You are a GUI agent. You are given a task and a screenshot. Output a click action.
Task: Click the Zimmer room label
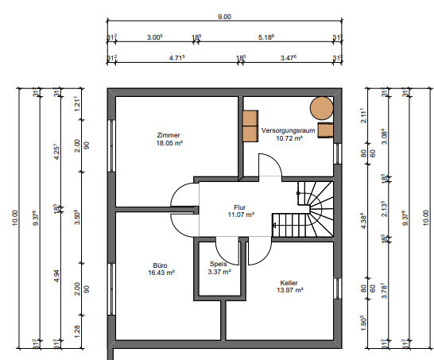point(169,135)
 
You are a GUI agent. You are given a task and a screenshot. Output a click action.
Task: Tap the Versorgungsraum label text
point(288,130)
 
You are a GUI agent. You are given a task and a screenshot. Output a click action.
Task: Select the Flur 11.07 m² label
point(241,211)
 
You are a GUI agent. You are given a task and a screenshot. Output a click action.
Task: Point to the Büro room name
point(160,265)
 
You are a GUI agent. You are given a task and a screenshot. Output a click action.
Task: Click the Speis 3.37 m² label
point(219,268)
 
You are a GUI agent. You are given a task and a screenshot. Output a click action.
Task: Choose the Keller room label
point(289,283)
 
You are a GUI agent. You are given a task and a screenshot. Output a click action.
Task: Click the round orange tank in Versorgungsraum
point(321,108)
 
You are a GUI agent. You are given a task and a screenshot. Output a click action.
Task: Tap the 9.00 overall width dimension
point(224,17)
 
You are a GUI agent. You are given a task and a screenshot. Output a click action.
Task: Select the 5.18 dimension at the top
point(266,37)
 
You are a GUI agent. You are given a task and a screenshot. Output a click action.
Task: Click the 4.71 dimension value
point(177,58)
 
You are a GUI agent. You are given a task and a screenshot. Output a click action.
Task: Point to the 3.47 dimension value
point(289,58)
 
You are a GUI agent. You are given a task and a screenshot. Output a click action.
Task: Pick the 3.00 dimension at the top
point(154,37)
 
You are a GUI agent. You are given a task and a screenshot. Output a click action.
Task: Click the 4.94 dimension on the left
point(56,276)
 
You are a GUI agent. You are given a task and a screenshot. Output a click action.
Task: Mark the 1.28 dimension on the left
point(77,331)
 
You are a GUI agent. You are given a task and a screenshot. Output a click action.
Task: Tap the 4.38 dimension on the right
point(364,221)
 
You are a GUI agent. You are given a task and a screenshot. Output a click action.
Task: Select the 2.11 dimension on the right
point(363,115)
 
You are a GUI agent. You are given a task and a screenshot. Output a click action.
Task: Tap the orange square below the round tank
point(326,130)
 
